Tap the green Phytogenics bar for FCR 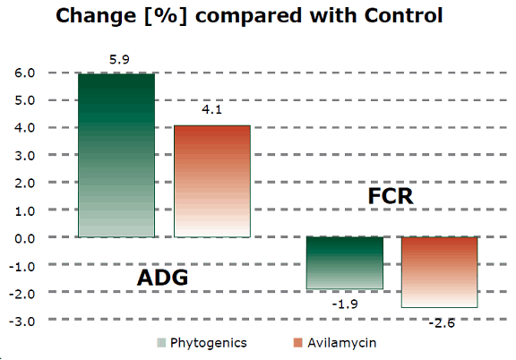(x=345, y=262)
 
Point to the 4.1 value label (x=211, y=112)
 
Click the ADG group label (x=162, y=278)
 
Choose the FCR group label (x=391, y=195)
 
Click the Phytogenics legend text (x=208, y=343)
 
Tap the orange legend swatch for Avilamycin (x=297, y=343)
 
